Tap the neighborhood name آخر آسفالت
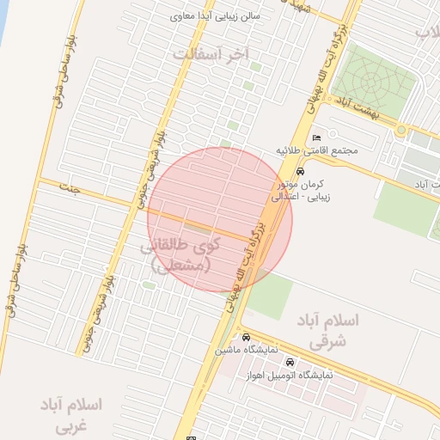point(211,53)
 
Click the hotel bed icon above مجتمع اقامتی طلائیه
point(316,137)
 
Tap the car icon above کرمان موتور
point(299,172)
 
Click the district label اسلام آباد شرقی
point(330,329)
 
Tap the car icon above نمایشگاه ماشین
point(247,337)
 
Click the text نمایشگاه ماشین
point(245,351)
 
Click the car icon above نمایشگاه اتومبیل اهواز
point(290,362)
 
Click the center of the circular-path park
point(371,82)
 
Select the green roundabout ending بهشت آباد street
point(401,130)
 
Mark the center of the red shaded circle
point(220,220)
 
